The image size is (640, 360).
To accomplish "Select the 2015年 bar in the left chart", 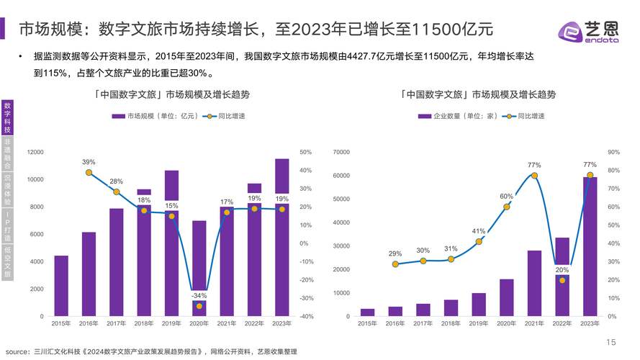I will [x=61, y=286].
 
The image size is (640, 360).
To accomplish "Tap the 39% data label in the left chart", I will [x=89, y=162].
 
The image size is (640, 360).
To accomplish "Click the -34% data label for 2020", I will [x=199, y=295].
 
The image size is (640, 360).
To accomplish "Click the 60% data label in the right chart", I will [x=506, y=197].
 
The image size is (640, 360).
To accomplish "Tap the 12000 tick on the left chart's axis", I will [x=35, y=152].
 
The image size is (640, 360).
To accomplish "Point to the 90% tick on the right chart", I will [x=613, y=152].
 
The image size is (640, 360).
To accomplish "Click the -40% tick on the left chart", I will [x=306, y=316].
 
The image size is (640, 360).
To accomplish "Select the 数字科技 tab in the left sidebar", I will [x=7, y=117].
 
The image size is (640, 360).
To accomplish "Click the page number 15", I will [x=611, y=342].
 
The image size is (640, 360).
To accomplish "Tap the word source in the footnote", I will [x=18, y=351].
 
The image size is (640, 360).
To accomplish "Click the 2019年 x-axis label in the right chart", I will [x=479, y=324].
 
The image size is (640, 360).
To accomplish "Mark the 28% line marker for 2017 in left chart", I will [x=116, y=192].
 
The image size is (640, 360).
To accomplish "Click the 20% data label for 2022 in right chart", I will [x=562, y=269].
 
